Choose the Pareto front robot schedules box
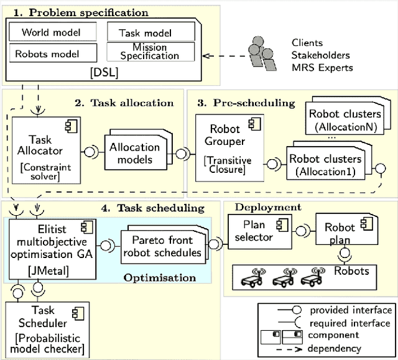point(162,247)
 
